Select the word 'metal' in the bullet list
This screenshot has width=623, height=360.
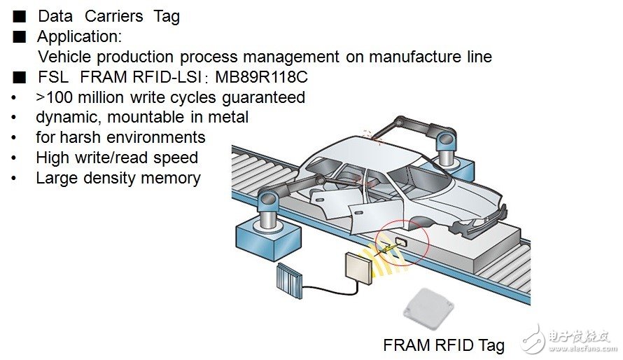(x=227, y=117)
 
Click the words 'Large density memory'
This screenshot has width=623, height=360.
(x=118, y=178)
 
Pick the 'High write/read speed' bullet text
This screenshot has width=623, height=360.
(x=117, y=158)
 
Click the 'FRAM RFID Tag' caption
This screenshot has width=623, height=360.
(x=443, y=345)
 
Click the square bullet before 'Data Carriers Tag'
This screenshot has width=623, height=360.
(x=19, y=16)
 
